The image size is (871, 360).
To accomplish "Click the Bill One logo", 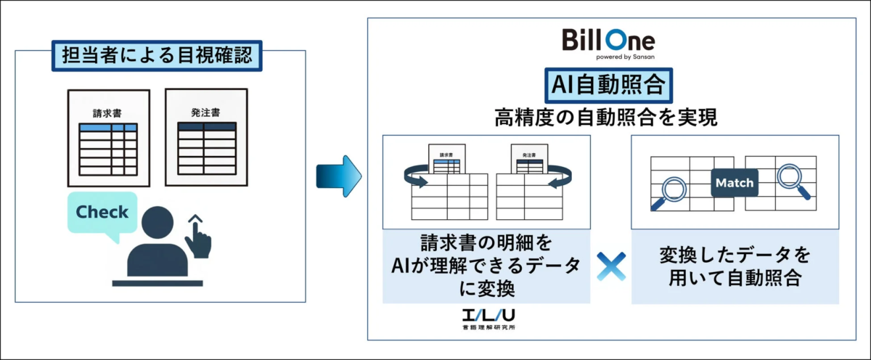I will coord(608,40).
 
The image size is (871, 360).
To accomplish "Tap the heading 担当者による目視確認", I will coord(157,56).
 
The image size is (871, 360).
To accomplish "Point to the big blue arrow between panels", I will coord(338,176).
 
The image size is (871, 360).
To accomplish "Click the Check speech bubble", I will coord(102,213).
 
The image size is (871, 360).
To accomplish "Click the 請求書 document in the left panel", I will coord(107,138).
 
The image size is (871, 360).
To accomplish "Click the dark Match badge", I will coord(734,183).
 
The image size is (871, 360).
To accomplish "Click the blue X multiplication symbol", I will coord(610,268).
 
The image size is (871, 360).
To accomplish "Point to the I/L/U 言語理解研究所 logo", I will coord(485,319).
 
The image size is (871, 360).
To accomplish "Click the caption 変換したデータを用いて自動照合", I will coord(735,266).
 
